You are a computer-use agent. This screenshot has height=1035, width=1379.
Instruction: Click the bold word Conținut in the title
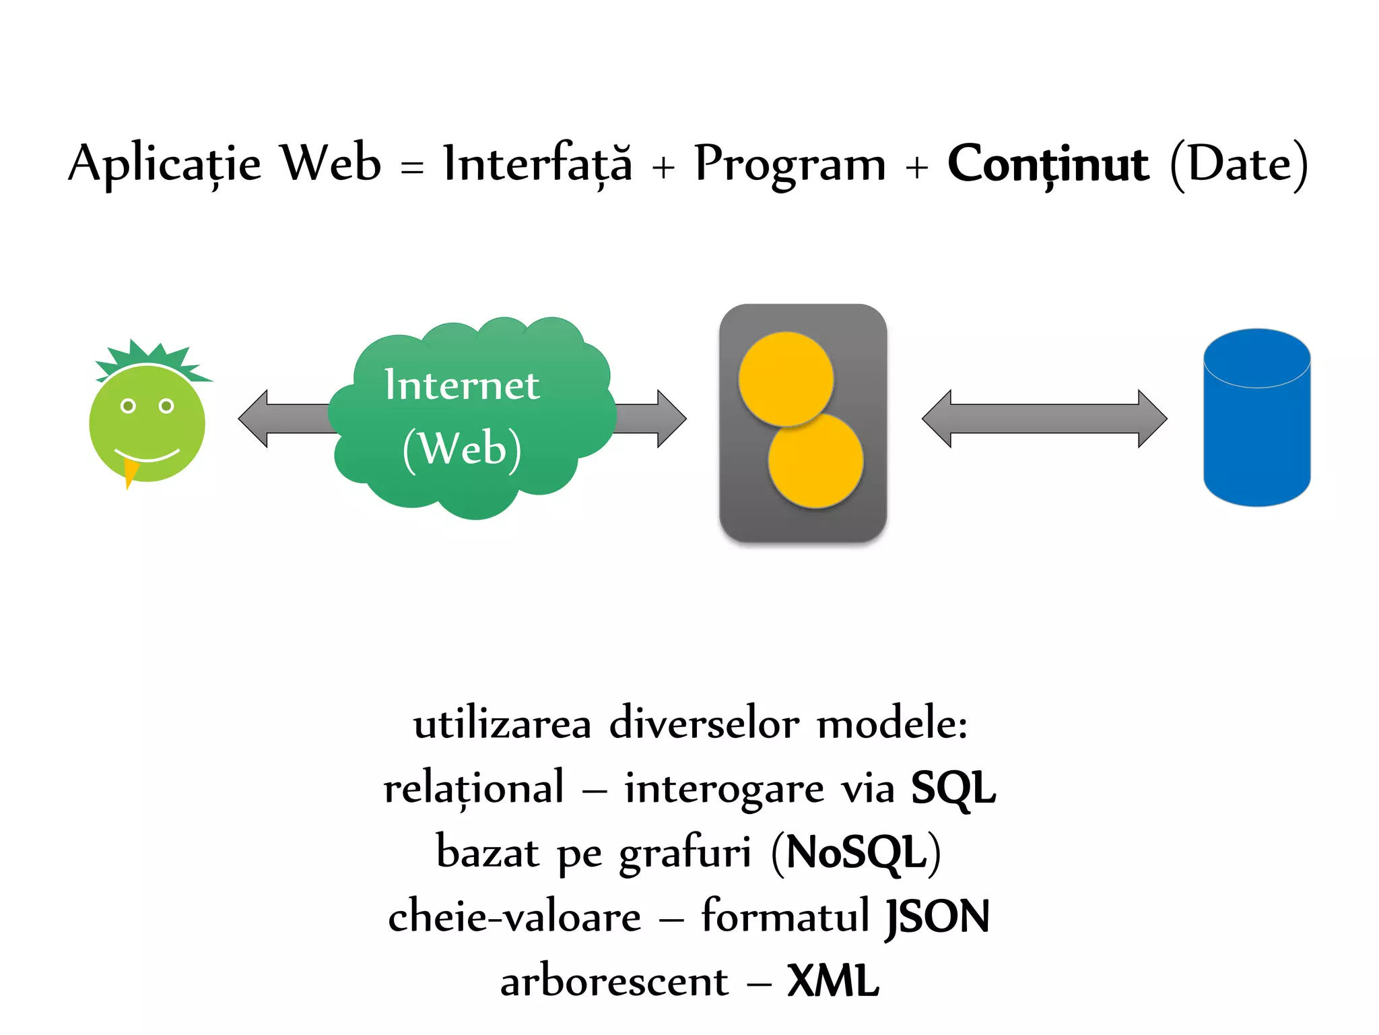(x=1048, y=164)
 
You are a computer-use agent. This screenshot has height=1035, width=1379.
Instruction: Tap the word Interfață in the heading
(x=537, y=164)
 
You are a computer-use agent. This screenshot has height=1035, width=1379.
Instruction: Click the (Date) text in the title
(x=1239, y=164)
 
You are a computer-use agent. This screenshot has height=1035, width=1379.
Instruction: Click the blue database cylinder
(x=1256, y=425)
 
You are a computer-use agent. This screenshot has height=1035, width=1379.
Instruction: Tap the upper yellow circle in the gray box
(x=785, y=379)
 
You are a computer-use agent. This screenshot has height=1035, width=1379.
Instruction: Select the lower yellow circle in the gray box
(x=816, y=461)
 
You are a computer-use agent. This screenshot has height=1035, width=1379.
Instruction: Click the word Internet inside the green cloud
(x=461, y=385)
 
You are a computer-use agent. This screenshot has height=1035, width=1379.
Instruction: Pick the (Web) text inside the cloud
(x=461, y=448)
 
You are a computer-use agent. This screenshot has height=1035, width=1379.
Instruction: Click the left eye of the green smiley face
(x=128, y=406)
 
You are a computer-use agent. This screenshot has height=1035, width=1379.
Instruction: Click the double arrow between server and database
(x=1044, y=418)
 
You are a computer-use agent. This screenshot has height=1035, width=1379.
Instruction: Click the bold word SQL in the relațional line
(x=952, y=788)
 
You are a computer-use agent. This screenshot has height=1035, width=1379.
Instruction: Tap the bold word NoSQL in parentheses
(x=856, y=852)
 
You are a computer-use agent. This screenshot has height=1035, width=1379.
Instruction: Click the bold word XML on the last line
(x=833, y=981)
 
